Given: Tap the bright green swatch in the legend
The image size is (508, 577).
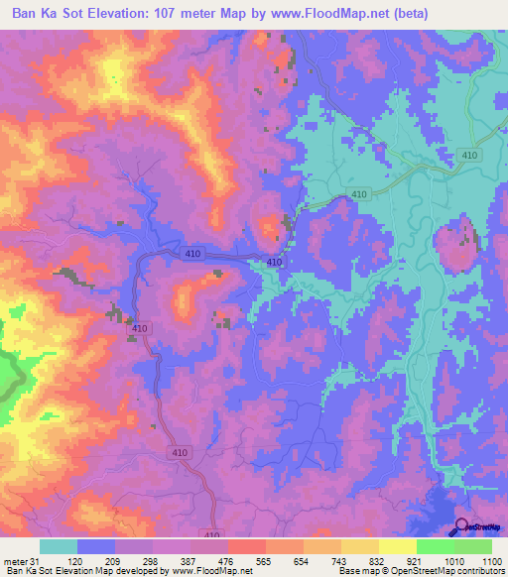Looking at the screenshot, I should pyautogui.click(x=435, y=546).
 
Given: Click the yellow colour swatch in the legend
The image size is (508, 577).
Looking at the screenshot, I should pyautogui.click(x=397, y=546).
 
